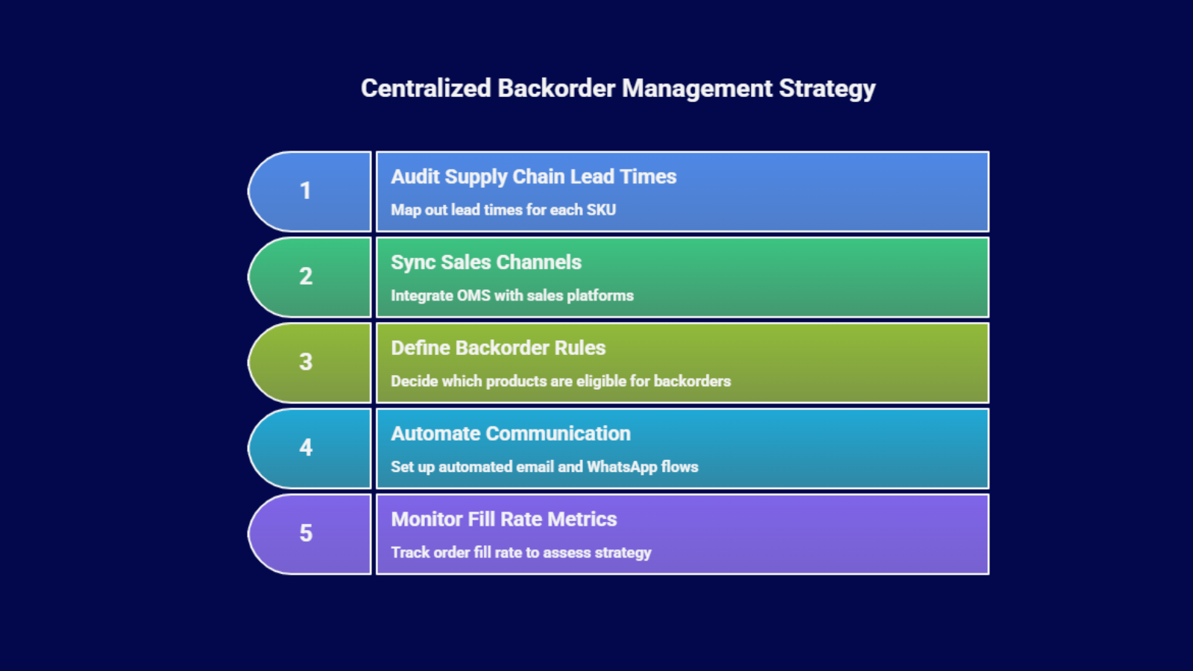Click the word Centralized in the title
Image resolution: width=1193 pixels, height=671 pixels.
[x=426, y=88]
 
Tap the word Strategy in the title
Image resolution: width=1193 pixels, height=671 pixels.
[x=827, y=89]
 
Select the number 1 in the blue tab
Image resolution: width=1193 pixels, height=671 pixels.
[x=306, y=191]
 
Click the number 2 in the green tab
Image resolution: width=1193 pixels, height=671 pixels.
[x=306, y=277]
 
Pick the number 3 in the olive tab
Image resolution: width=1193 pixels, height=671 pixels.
[x=306, y=362]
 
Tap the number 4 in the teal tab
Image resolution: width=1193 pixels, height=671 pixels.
[x=306, y=447]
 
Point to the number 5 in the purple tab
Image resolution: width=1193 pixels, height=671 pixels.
[x=306, y=533]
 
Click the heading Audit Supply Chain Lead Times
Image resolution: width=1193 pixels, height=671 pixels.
[x=533, y=177]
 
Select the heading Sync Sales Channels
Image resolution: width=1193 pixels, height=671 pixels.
[x=486, y=262]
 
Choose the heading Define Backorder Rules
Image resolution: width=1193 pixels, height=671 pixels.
[x=498, y=348]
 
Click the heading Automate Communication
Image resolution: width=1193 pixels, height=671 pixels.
[x=511, y=434]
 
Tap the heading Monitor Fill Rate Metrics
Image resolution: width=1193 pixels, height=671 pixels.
[x=504, y=520]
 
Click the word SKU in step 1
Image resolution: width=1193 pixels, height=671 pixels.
[x=601, y=210]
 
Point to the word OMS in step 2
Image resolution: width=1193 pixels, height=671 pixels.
[x=473, y=296]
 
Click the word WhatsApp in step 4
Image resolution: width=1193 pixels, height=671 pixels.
[x=622, y=467]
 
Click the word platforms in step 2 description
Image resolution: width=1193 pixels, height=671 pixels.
[x=600, y=296]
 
